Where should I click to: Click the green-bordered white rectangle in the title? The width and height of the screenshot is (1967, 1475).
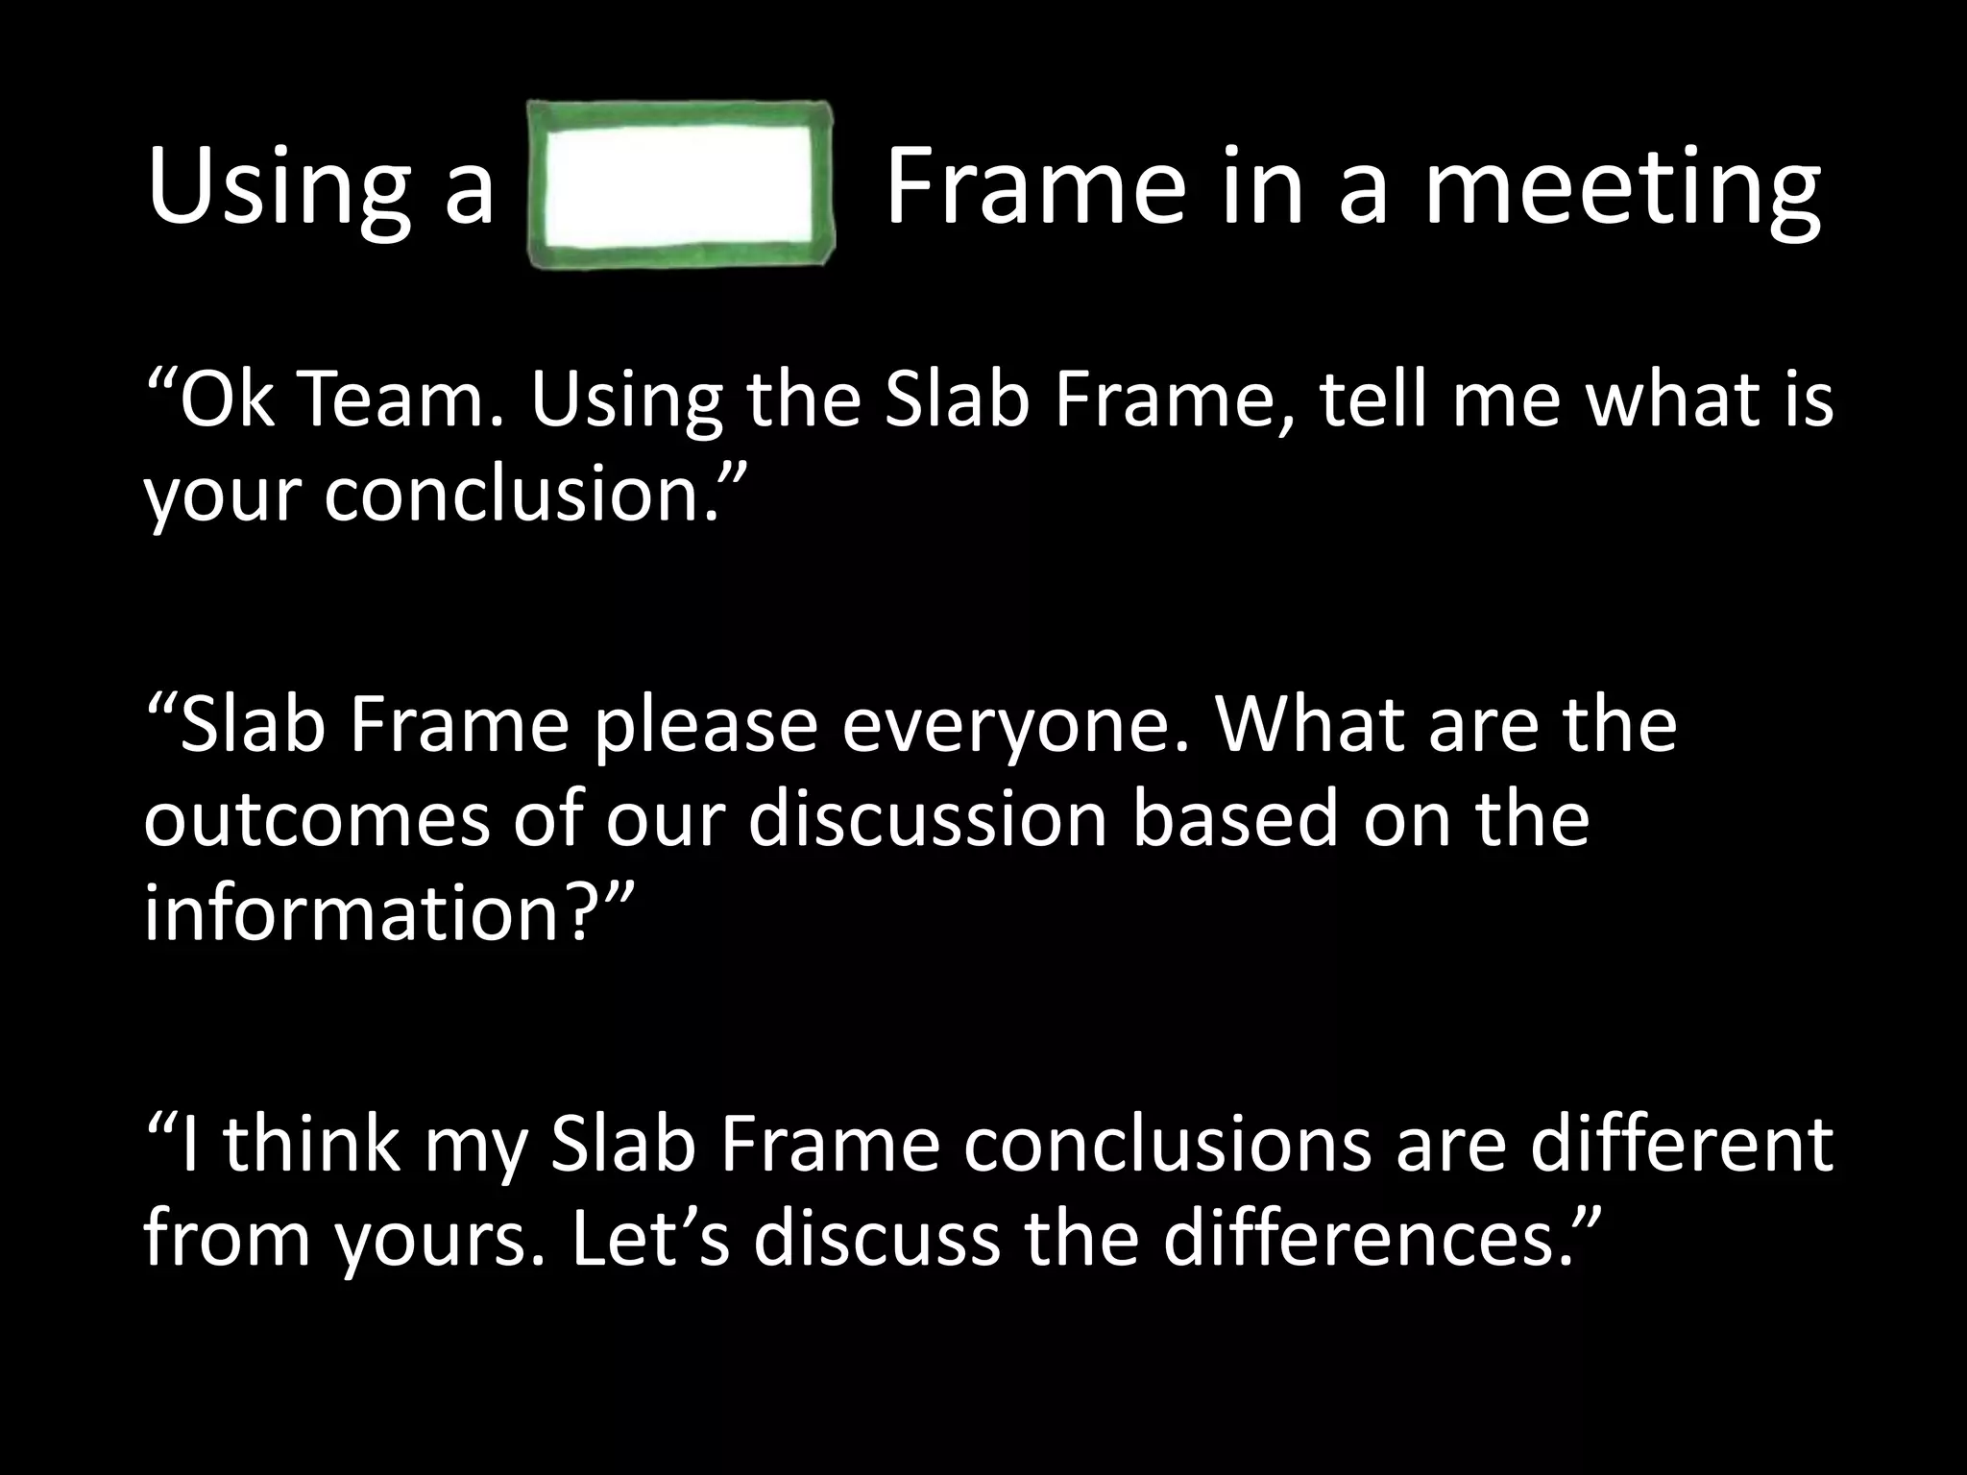pos(680,185)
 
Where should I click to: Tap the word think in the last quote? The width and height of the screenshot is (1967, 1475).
pos(313,1145)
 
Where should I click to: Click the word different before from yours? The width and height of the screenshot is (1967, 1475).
pos(1681,1145)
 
